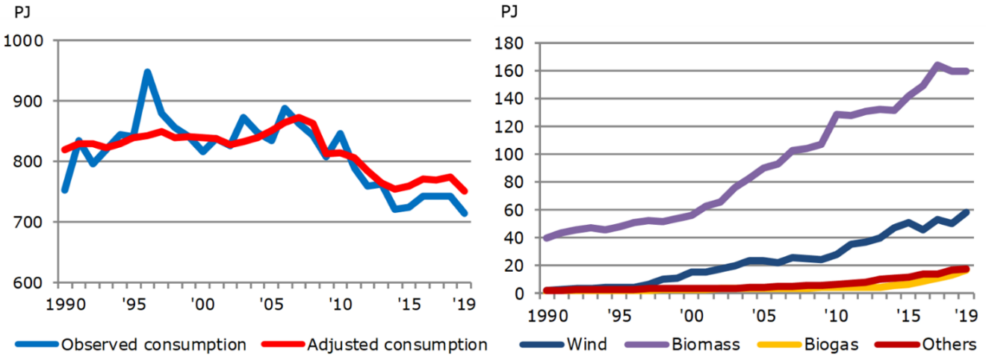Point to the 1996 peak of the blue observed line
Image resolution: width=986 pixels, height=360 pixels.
point(147,73)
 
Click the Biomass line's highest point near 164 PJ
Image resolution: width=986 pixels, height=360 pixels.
point(937,66)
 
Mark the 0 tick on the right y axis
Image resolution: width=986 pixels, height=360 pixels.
point(515,294)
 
